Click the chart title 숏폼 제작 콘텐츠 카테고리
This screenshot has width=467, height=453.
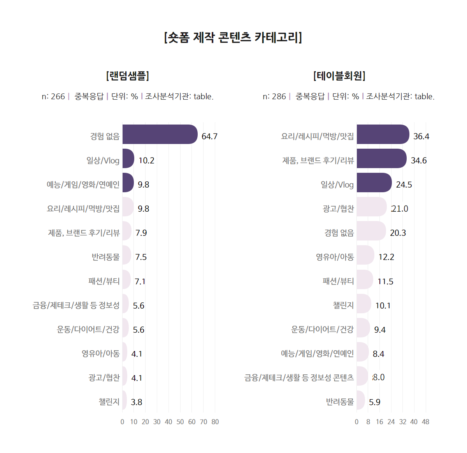[x=233, y=37]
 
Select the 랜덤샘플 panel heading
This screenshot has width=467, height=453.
[x=128, y=75]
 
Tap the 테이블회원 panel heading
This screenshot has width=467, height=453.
[x=339, y=75]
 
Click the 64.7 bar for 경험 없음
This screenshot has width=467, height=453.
[x=160, y=134]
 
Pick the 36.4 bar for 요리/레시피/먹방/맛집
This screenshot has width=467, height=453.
[x=383, y=134]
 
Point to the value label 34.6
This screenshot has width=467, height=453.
[x=419, y=161]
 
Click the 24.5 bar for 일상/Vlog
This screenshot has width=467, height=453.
[x=374, y=183]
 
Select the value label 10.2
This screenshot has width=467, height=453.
[x=146, y=161]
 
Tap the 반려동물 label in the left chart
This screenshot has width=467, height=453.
[x=105, y=257]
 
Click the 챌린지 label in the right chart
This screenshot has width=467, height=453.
[x=343, y=306]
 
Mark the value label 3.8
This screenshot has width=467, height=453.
[x=137, y=402]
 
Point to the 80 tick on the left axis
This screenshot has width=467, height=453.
[x=215, y=422]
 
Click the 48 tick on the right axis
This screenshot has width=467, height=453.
[x=425, y=422]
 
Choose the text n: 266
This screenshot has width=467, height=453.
[x=53, y=97]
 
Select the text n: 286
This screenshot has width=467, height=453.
[x=274, y=97]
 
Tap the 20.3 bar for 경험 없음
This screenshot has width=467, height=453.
[x=371, y=231]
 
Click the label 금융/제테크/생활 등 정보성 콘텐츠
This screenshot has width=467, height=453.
[x=299, y=377]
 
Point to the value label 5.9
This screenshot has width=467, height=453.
[x=375, y=402]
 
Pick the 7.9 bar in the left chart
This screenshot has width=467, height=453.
[x=126, y=231]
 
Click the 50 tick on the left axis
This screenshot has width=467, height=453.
[x=180, y=422]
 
